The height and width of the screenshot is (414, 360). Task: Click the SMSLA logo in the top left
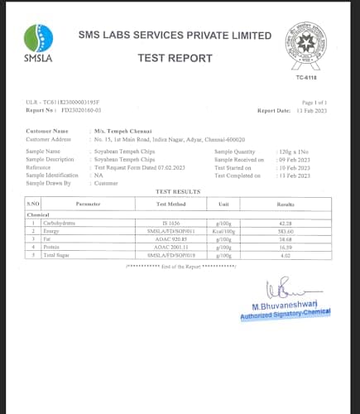tap(38, 42)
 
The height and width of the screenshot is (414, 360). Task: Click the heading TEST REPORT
tap(175, 57)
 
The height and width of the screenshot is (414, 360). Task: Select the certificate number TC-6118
tap(305, 77)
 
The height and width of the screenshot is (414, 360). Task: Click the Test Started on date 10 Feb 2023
tap(292, 167)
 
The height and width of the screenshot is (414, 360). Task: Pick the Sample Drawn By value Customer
tap(107, 182)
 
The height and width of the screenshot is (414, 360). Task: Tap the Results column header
tap(286, 203)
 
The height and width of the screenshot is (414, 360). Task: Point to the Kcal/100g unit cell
tap(223, 231)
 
